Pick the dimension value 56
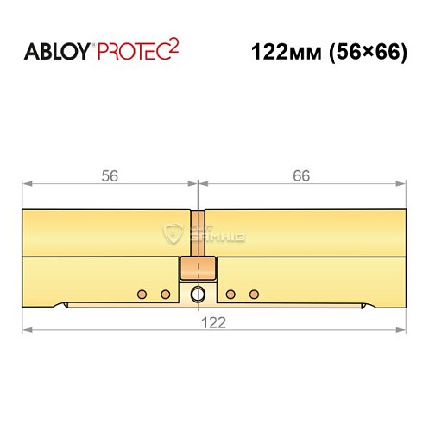[109, 175]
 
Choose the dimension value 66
[300, 175]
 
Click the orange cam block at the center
[199, 267]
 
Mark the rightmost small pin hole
[254, 295]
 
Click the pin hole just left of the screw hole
[166, 295]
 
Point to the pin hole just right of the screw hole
[230, 295]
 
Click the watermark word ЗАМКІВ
[204, 234]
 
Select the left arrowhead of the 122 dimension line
[27, 329]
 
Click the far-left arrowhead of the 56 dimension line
[27, 183]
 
